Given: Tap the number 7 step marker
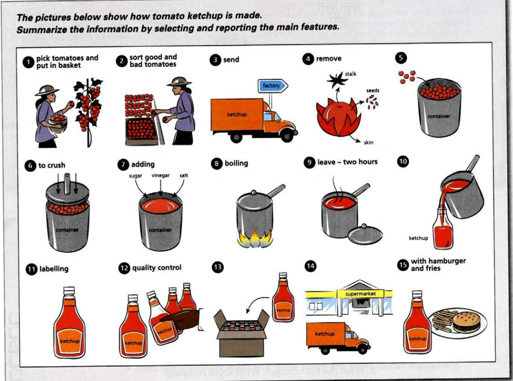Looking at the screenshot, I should pyautogui.click(x=123, y=164).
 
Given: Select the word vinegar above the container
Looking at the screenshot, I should pyautogui.click(x=160, y=176).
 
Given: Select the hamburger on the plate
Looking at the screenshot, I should pyautogui.click(x=466, y=321).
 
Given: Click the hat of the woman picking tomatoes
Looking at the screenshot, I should pyautogui.click(x=47, y=90).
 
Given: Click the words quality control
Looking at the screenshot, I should pyautogui.click(x=156, y=267).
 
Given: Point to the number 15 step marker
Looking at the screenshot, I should pyautogui.click(x=403, y=264).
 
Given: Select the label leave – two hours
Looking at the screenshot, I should pyautogui.click(x=347, y=162).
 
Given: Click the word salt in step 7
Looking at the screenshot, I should pyautogui.click(x=183, y=176).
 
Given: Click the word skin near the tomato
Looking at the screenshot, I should pyautogui.click(x=369, y=143).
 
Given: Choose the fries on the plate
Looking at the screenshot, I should pyautogui.click(x=442, y=321).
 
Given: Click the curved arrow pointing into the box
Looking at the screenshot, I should pyautogui.click(x=255, y=305).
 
